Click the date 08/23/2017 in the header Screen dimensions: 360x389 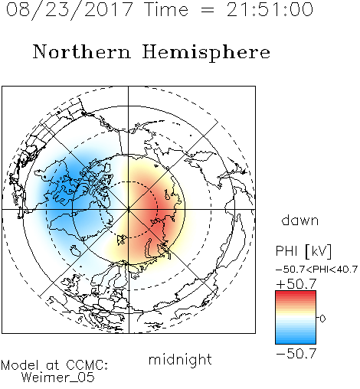coord(69,10)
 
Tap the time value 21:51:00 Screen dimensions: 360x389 coord(270,9)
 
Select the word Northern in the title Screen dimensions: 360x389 coord(82,52)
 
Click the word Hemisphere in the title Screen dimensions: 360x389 coord(206,53)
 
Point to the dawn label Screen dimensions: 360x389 coord(300,220)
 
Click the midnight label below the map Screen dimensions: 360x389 coord(180,359)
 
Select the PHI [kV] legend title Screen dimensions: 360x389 coord(303,251)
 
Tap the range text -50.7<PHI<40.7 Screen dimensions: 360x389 coord(317,270)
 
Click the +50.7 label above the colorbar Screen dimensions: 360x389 coord(296,283)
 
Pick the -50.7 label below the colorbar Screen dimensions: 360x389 coord(296,354)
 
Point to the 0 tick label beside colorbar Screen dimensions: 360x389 coord(322,319)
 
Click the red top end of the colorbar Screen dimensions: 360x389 coord(296,293)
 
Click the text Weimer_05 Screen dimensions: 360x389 coord(58,378)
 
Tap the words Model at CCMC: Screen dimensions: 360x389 coord(54,365)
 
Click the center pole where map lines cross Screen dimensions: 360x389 coord(129,210)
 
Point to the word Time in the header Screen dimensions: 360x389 coord(166,9)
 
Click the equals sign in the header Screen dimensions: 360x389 coord(208,11)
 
